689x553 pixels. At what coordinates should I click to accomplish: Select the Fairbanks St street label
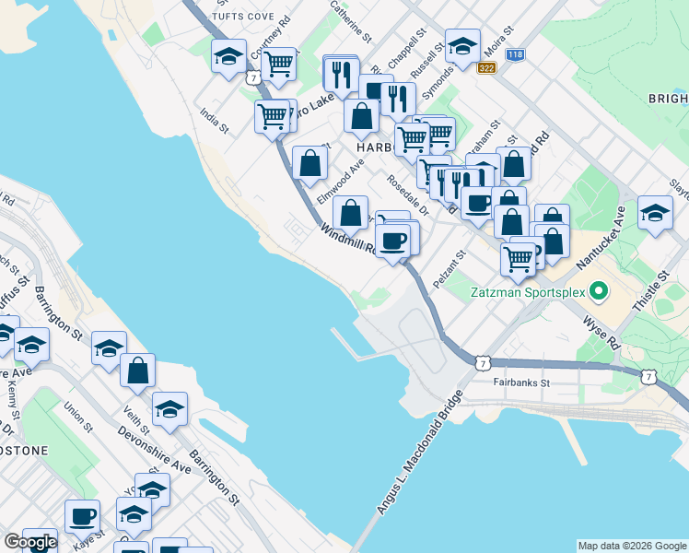[520, 382]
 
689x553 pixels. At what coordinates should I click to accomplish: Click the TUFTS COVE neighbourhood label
[243, 17]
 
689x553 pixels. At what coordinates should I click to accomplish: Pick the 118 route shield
[516, 55]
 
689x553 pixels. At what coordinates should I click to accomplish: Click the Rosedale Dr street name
[407, 195]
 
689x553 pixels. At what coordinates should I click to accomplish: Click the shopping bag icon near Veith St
[137, 371]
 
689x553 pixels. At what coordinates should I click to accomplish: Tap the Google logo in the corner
[30, 542]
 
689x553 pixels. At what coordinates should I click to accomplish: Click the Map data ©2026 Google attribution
[632, 546]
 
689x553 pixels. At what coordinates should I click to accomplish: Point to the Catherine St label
[350, 23]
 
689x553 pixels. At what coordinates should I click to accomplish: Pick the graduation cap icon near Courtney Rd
[228, 57]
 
